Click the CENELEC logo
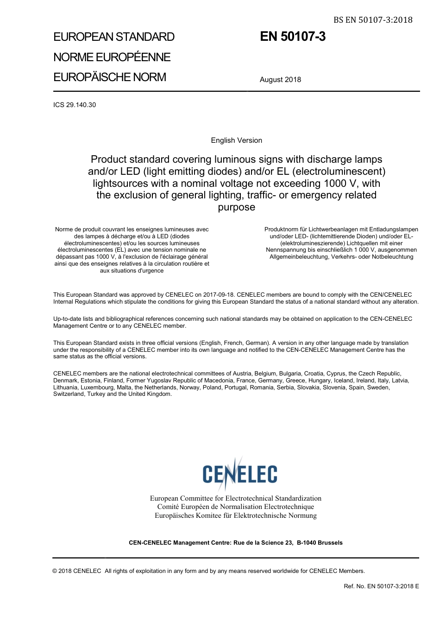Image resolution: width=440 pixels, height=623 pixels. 239,474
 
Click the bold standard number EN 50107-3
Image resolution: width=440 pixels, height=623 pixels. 292,37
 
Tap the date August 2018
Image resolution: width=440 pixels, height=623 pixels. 280,80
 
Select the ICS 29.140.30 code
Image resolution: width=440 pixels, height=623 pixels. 75,105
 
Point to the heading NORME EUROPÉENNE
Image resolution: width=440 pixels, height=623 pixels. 112,57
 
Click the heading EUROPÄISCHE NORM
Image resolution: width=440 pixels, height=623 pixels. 109,77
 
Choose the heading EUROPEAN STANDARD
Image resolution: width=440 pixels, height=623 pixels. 113,37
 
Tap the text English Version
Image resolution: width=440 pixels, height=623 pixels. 236,140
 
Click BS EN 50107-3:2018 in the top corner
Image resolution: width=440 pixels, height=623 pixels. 373,19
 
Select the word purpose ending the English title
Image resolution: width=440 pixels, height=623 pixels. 236,207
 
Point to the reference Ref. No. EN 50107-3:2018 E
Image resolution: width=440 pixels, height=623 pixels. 381,586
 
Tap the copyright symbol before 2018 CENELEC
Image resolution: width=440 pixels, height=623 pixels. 55,571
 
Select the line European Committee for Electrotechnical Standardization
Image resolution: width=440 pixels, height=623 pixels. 235,498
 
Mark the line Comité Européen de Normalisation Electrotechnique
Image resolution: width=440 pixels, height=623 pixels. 235,507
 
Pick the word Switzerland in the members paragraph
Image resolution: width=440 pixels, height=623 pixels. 69,394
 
